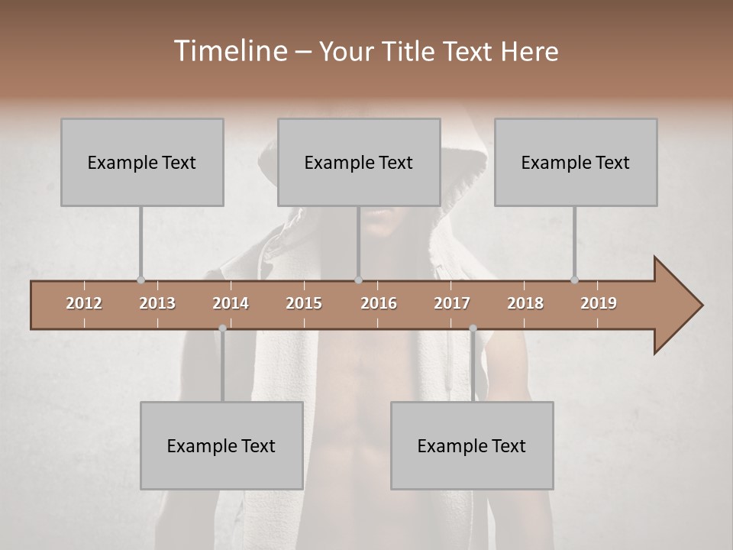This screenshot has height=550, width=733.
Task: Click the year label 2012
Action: pos(84,303)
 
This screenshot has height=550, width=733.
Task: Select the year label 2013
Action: pos(157,303)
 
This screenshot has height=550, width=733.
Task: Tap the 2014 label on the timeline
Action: pos(231,303)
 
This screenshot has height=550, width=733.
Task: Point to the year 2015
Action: pos(304,303)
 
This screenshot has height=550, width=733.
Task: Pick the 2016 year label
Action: pos(379,303)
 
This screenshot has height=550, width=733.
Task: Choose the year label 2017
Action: pos(452,303)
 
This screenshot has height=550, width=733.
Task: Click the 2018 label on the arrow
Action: pos(525,303)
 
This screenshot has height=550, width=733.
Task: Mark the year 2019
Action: pos(599,303)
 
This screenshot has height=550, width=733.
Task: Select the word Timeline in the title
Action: pos(230,51)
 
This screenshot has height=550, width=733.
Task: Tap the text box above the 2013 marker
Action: pos(142,162)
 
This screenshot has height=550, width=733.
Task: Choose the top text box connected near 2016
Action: pos(359,162)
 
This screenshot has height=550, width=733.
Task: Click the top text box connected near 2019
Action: pos(576,162)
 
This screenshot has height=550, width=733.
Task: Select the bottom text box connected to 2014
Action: pos(221,445)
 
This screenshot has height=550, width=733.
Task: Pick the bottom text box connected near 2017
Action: pos(472,445)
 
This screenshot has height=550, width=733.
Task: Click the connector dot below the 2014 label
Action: pos(222,328)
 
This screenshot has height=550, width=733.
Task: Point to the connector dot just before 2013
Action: pos(140,280)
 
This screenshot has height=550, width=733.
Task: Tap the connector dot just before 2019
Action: pos(574,280)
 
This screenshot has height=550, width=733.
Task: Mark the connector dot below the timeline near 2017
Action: pos(473,328)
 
